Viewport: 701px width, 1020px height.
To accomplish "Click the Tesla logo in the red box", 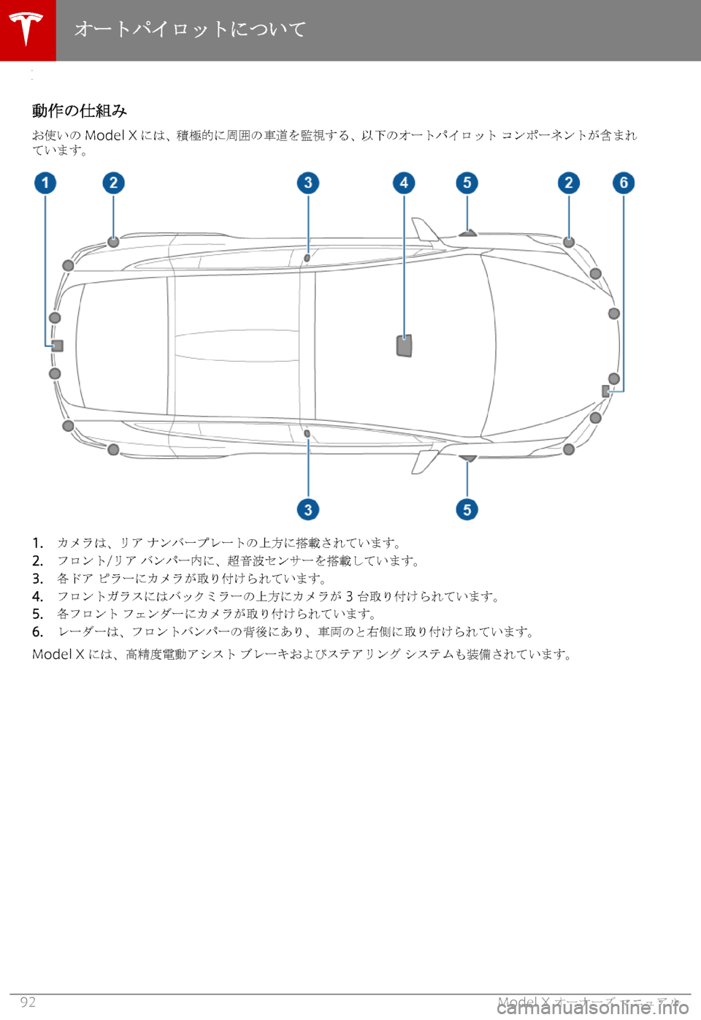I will click(x=27, y=29).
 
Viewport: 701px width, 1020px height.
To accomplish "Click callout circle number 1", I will click(x=45, y=183).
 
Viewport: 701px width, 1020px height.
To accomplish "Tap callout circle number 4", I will click(x=404, y=183).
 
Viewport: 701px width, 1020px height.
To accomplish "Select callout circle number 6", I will click(x=624, y=183).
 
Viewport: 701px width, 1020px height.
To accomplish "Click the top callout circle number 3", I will click(x=308, y=183).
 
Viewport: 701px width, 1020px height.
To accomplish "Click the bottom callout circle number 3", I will click(x=308, y=509).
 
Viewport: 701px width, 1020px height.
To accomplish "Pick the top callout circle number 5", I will click(x=467, y=183).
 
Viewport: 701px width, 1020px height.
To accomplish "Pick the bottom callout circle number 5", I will click(x=467, y=509).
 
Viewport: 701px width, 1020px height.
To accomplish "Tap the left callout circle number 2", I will click(x=113, y=183).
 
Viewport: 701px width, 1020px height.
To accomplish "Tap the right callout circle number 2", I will click(x=569, y=183).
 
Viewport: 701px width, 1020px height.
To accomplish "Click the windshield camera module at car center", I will click(x=405, y=345).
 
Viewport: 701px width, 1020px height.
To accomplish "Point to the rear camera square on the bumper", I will click(x=58, y=346).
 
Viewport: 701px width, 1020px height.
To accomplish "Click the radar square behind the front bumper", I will click(x=605, y=392).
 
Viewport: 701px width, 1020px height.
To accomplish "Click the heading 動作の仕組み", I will click(x=80, y=110).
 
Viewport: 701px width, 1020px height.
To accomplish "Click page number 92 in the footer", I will click(x=28, y=1002).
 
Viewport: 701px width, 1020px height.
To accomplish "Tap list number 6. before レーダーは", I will click(x=37, y=632).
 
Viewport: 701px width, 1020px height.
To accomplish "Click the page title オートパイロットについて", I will click(x=190, y=29).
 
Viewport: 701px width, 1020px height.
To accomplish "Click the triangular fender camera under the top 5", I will click(x=468, y=233).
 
